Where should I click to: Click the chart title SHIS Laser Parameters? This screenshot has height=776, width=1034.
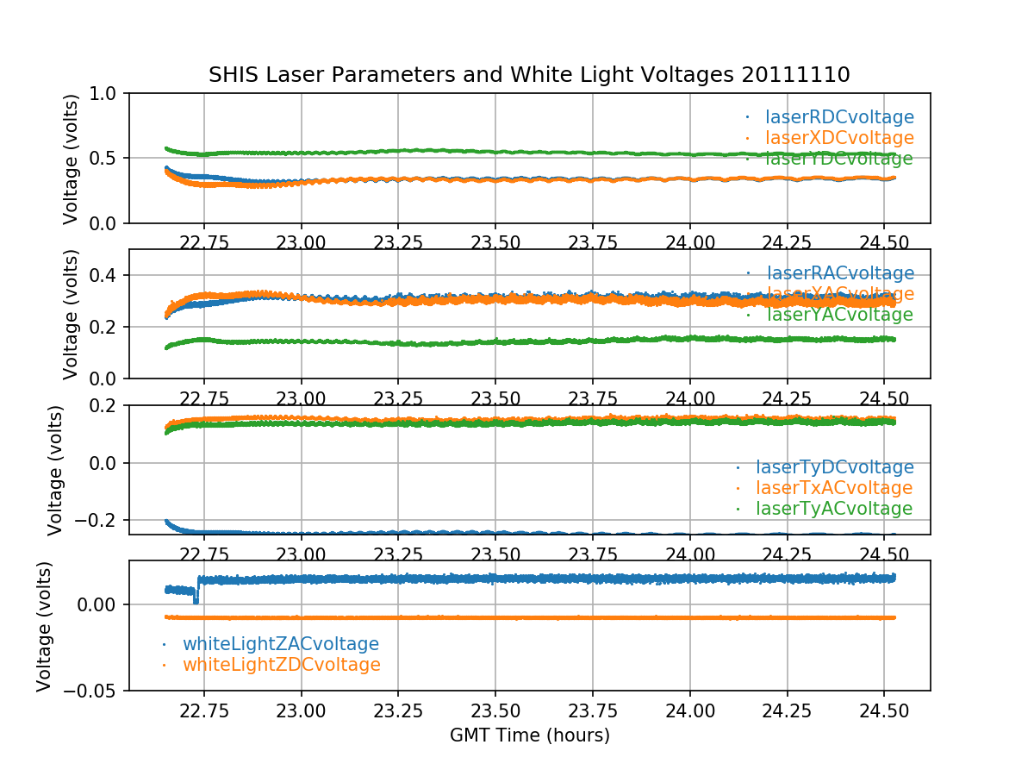(529, 75)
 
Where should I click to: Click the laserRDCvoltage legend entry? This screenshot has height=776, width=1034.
(839, 117)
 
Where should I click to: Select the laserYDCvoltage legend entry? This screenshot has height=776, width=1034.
(839, 160)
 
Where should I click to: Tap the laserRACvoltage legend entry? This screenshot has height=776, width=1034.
(839, 273)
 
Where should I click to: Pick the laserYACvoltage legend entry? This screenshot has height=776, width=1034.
(839, 315)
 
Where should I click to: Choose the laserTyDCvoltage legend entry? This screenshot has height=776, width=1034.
(834, 467)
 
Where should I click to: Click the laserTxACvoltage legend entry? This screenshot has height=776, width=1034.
(834, 488)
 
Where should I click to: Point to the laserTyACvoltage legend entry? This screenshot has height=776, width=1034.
(834, 509)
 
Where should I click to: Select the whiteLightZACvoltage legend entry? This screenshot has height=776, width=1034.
(280, 644)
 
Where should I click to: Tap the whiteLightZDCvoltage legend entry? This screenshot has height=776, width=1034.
(281, 665)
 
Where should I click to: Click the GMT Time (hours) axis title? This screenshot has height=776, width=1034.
(529, 735)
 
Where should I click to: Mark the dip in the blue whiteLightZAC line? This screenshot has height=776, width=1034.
(196, 599)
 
